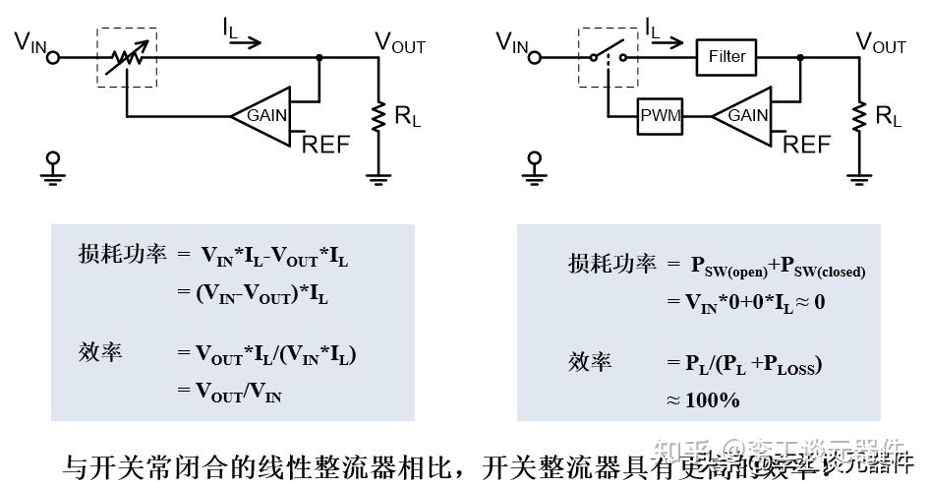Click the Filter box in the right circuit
[727, 57]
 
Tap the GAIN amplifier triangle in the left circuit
[262, 115]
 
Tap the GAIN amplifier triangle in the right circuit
[744, 115]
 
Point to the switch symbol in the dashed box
[607, 57]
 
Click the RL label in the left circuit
[407, 115]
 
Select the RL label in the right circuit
[888, 116]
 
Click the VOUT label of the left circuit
[400, 43]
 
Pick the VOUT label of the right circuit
[881, 43]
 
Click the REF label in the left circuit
[325, 145]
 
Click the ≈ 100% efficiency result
[703, 399]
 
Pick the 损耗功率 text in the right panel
[611, 264]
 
